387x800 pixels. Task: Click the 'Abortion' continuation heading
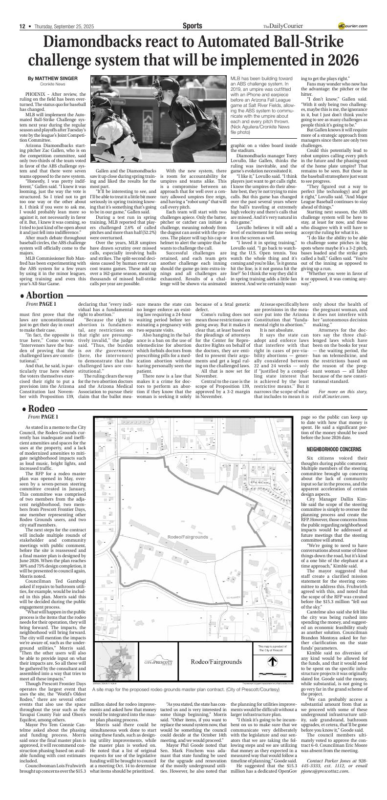tap(45, 295)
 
